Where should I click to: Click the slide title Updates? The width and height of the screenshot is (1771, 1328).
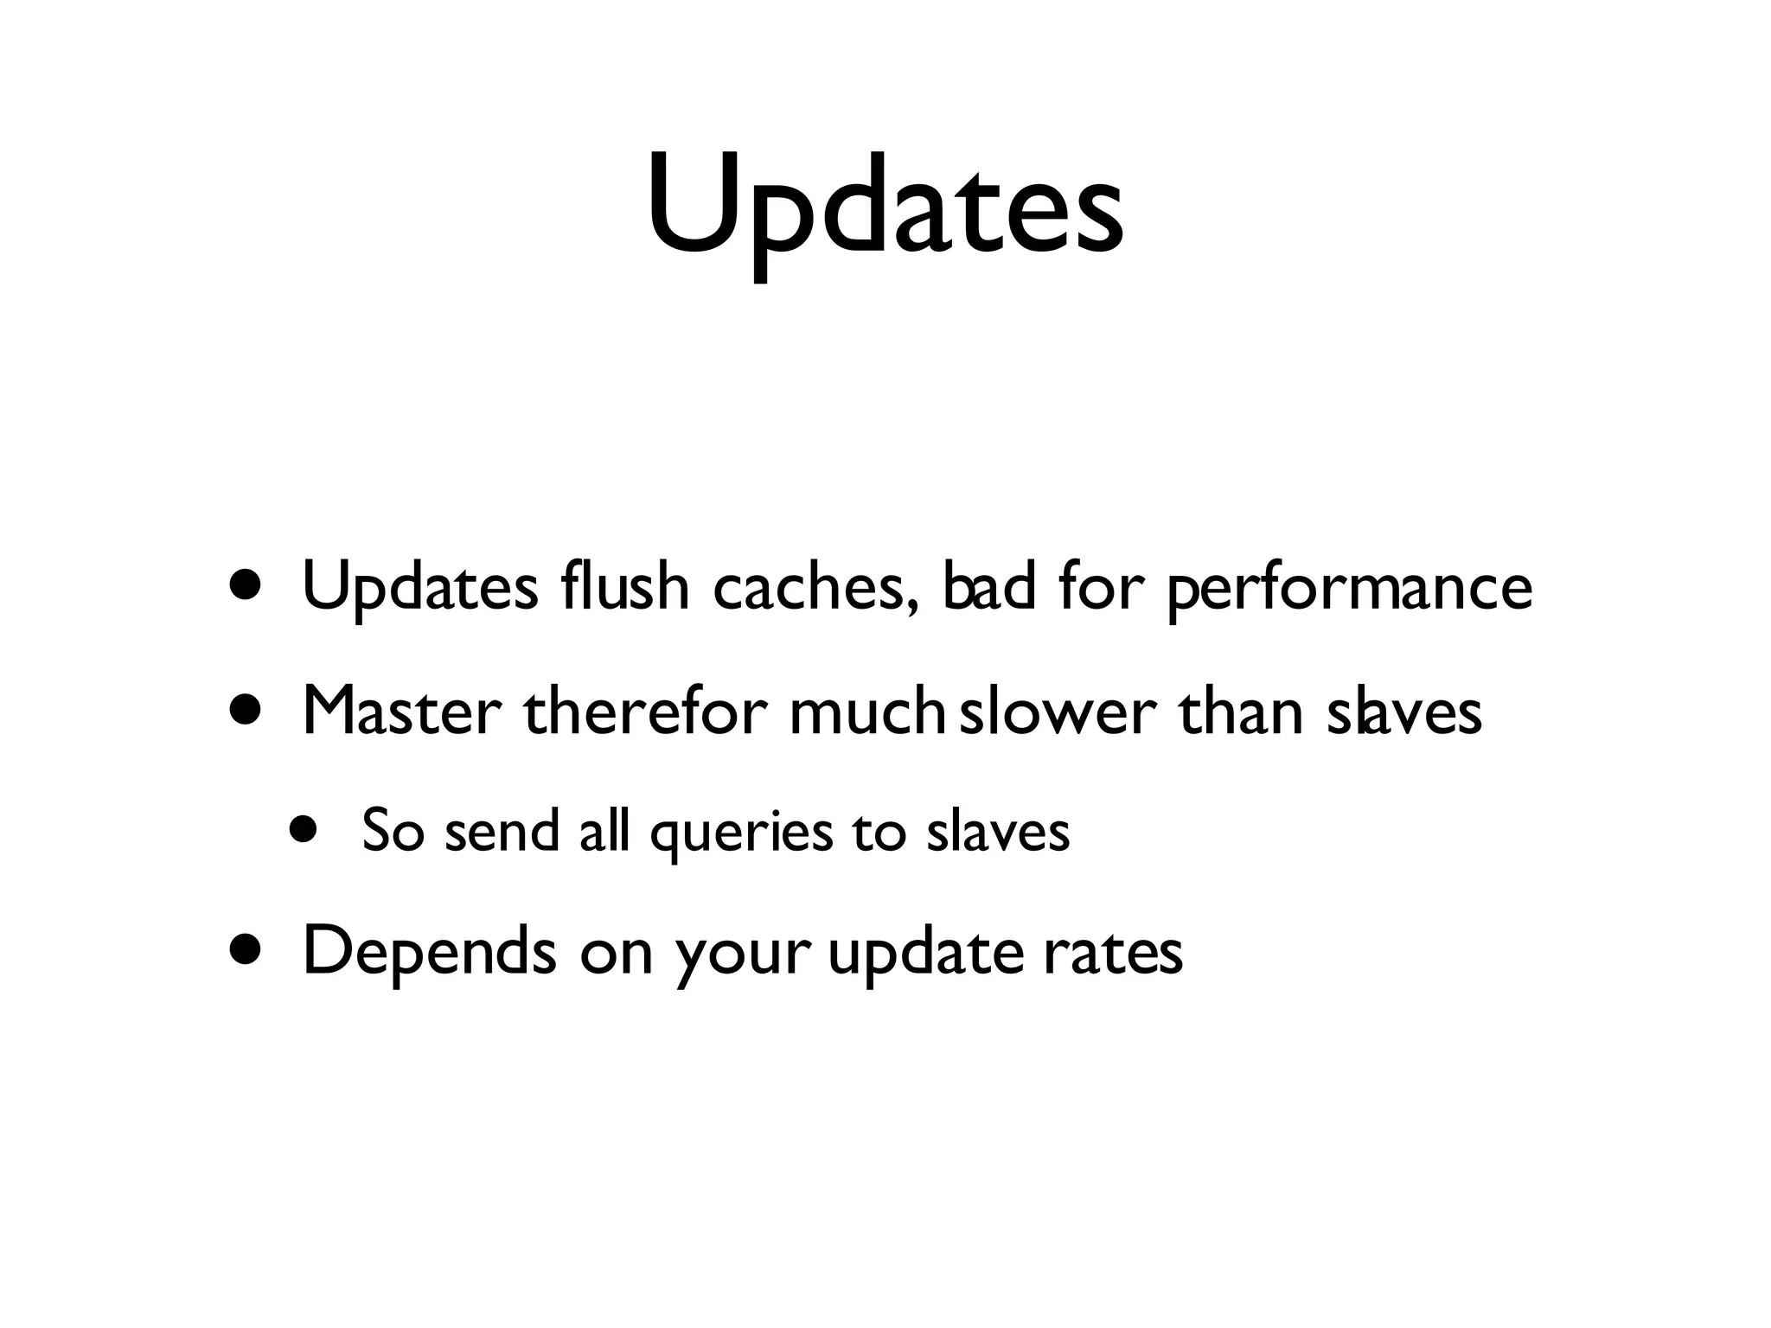coord(885,207)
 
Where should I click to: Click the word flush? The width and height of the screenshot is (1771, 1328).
coord(623,587)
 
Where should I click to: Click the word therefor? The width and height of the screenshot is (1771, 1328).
coord(645,711)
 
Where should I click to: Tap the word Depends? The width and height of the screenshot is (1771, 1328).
coord(430,952)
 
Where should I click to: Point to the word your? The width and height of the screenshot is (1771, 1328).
coord(743,955)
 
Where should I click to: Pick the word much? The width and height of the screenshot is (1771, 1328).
coord(866,711)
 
